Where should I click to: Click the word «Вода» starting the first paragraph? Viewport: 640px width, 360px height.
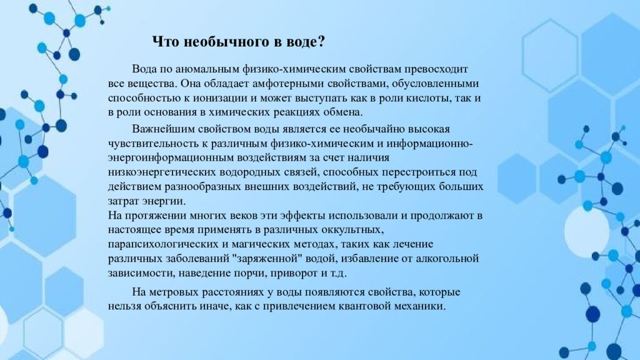coord(144,67)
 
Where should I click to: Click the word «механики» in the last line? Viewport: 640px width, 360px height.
coord(422,307)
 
